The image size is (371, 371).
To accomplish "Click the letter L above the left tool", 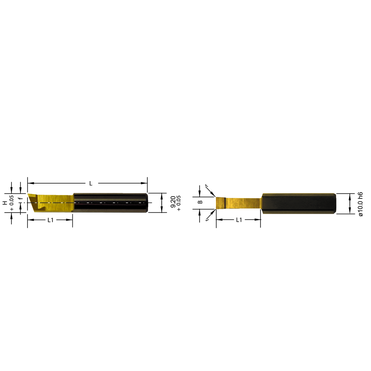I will [x=91, y=183].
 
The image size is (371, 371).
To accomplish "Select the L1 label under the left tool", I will [x=50, y=220].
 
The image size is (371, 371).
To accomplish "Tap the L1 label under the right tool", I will [x=239, y=220].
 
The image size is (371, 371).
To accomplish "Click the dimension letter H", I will [x=5, y=203].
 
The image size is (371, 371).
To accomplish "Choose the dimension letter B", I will [x=200, y=202].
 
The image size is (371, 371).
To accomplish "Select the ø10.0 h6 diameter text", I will [x=359, y=204].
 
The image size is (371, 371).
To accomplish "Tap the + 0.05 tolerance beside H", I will [x=12, y=203].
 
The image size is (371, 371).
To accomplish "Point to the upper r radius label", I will [x=206, y=185].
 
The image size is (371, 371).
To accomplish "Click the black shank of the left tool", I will [x=111, y=203].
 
